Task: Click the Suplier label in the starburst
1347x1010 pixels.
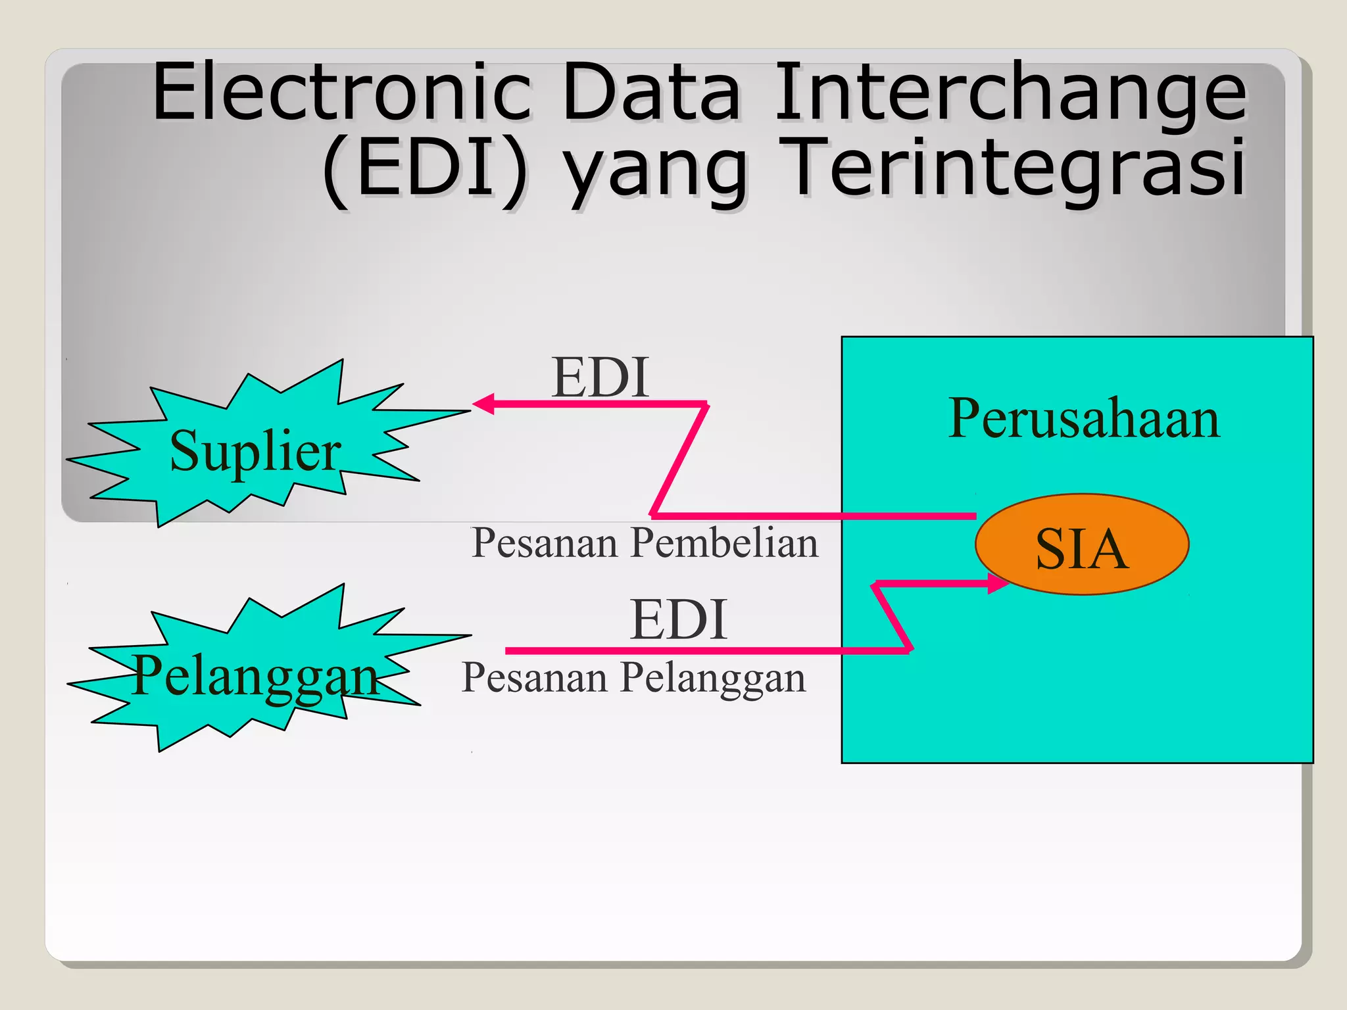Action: (255, 451)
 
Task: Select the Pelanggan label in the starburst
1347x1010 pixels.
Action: (255, 676)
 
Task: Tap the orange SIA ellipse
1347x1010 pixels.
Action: (1081, 544)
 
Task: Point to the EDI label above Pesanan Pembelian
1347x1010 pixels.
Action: (600, 377)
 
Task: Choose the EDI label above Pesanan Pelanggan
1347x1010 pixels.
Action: (678, 619)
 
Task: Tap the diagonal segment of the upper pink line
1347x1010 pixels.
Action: (679, 459)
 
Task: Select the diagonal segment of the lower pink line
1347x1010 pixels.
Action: (892, 617)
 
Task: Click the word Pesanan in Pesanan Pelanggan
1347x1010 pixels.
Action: (534, 678)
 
